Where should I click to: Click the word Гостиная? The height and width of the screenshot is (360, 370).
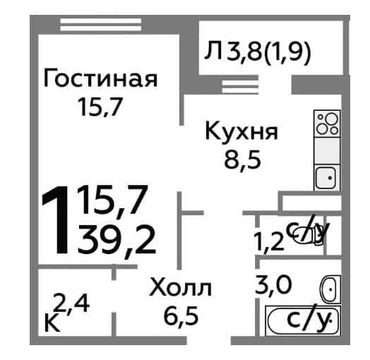pyautogui.click(x=100, y=78)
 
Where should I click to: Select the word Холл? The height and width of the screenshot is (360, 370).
pyautogui.click(x=181, y=287)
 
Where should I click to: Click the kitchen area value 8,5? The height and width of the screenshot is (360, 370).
pyautogui.click(x=243, y=160)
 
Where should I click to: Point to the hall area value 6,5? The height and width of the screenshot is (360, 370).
pyautogui.click(x=181, y=316)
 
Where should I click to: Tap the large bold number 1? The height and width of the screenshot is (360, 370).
pyautogui.click(x=56, y=220)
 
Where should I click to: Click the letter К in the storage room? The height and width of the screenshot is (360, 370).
pyautogui.click(x=52, y=323)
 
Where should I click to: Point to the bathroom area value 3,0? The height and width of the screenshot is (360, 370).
pyautogui.click(x=273, y=284)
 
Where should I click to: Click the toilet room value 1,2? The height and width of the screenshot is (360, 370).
pyautogui.click(x=268, y=242)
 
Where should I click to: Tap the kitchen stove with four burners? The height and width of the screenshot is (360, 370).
pyautogui.click(x=327, y=124)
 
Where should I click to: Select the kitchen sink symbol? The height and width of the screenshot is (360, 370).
pyautogui.click(x=327, y=178)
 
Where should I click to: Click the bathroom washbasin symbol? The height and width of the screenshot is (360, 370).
pyautogui.click(x=330, y=289)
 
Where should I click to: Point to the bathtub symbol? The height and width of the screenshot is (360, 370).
pyautogui.click(x=303, y=320)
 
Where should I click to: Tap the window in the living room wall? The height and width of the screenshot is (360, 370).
pyautogui.click(x=101, y=25)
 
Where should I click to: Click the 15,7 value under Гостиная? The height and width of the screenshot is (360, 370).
pyautogui.click(x=101, y=107)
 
